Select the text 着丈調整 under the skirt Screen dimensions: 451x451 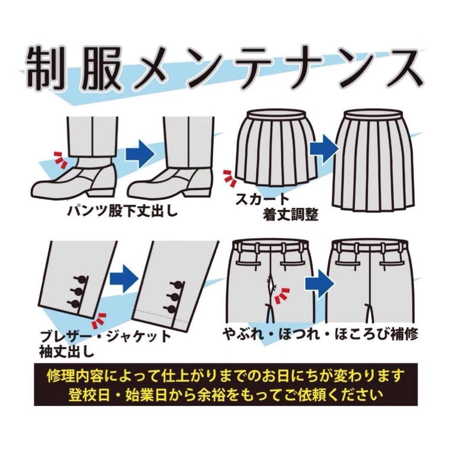[291, 215]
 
